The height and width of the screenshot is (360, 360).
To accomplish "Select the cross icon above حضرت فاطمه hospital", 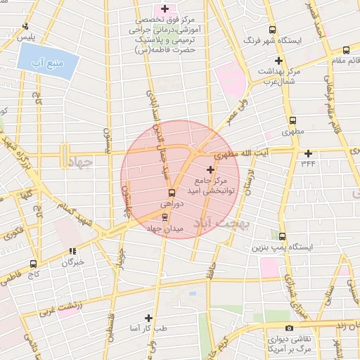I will (165, 9).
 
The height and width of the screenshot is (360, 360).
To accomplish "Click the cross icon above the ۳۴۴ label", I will (308, 153).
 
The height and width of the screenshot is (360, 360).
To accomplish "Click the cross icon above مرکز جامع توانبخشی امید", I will (211, 169).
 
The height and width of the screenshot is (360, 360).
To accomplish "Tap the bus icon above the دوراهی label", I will (170, 193).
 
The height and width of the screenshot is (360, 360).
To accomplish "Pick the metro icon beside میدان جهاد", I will (165, 218).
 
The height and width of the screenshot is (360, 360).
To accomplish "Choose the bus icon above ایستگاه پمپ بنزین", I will (282, 237).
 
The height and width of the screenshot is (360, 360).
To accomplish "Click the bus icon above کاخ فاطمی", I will (33, 264).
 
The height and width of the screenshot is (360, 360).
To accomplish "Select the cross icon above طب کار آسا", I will (148, 318).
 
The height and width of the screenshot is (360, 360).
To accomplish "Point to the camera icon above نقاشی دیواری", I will (289, 328).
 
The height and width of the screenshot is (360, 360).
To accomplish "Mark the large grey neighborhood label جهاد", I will (81, 162).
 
